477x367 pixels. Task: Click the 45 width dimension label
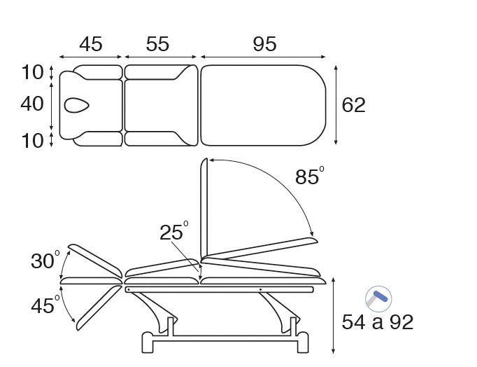click(x=91, y=44)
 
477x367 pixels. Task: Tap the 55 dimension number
click(x=157, y=44)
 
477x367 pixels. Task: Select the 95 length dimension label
click(x=264, y=44)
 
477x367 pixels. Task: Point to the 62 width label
click(x=353, y=105)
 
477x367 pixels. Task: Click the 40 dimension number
click(x=32, y=104)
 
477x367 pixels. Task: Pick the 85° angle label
click(x=309, y=176)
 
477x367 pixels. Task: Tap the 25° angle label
click(x=174, y=231)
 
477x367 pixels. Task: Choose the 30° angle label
click(x=45, y=260)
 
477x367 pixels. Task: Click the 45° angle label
click(x=45, y=305)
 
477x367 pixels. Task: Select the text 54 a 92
click(x=378, y=322)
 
